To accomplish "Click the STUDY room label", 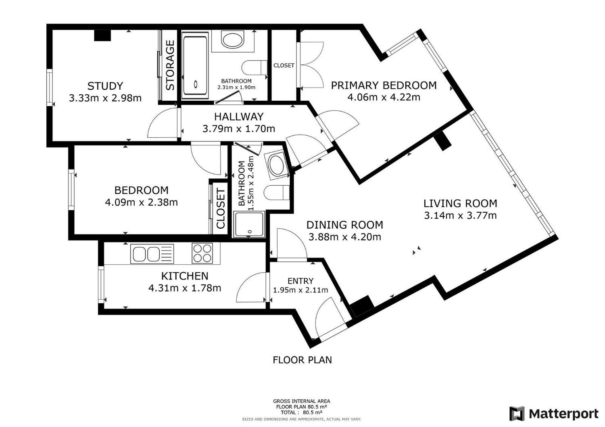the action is tap(105, 86).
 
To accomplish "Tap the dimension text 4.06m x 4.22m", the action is tap(384, 97).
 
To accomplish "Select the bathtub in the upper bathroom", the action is tap(195, 66).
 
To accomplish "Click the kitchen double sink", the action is tap(152, 253).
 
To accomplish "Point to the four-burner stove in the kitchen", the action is tap(202, 253).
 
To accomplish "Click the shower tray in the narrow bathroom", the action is tap(249, 224).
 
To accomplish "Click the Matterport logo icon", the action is tap(517, 414).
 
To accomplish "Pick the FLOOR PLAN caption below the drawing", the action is tap(302, 360).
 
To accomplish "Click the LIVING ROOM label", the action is tap(460, 203).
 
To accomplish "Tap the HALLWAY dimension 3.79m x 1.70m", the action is tap(239, 129).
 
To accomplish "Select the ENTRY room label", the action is tap(300, 281).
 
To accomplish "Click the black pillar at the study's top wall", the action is tap(102, 35).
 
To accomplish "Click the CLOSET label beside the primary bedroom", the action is tap(284, 65).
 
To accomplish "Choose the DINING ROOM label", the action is tap(344, 225).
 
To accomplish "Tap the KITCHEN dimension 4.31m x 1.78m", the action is tap(185, 288).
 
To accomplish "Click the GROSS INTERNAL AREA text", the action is tap(301, 401).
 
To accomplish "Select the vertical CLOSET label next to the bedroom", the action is tap(220, 209).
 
